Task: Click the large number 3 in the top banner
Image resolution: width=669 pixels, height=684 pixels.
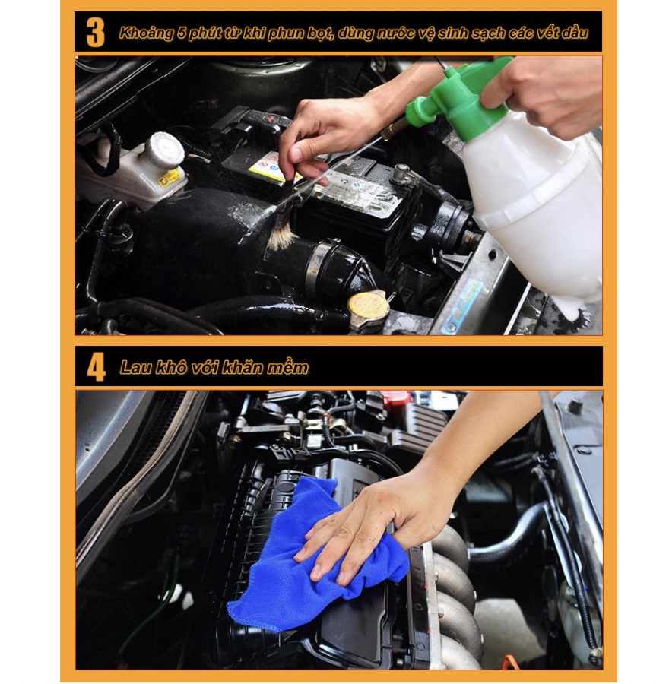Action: click(x=96, y=32)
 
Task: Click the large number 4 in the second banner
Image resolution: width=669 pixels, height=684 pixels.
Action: click(x=97, y=367)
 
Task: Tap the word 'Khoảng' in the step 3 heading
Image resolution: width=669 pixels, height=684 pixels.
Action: click(x=147, y=33)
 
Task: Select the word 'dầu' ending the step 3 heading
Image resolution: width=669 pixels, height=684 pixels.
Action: click(x=575, y=33)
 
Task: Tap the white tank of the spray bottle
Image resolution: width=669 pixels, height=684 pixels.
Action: click(x=537, y=210)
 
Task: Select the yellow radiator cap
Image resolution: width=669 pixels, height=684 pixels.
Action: click(x=368, y=304)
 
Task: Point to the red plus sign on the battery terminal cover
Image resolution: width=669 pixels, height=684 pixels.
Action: click(x=271, y=119)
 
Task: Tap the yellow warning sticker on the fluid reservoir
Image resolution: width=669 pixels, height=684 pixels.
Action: click(x=170, y=178)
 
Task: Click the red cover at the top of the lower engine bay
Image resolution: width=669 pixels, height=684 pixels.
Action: click(x=395, y=398)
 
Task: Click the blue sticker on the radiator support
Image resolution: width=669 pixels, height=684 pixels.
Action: click(x=463, y=307)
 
